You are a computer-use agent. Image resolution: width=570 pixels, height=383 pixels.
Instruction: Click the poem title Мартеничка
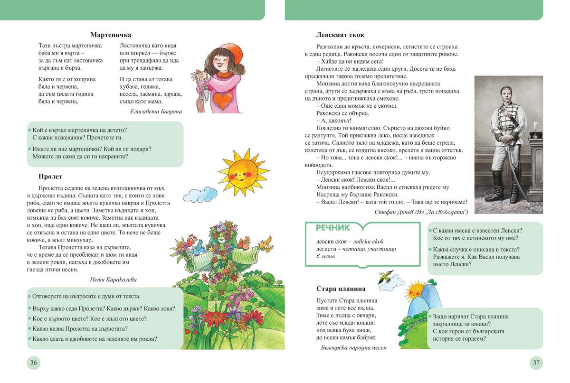[111, 35]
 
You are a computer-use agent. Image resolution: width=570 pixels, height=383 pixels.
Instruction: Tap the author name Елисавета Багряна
[156, 112]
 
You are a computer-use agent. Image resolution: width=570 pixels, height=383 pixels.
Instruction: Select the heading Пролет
[50, 177]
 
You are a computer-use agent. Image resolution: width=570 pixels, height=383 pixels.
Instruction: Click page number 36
[34, 363]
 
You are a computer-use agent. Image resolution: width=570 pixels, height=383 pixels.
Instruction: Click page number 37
[536, 363]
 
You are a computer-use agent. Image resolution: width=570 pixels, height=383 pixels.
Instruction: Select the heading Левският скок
[340, 35]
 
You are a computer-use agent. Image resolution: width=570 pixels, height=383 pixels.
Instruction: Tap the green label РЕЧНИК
[332, 228]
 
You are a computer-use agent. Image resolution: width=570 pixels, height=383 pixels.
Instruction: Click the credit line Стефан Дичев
[421, 212]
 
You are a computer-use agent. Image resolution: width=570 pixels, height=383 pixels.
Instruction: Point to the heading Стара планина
[341, 289]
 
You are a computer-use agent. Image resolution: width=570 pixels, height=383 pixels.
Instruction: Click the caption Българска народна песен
[354, 347]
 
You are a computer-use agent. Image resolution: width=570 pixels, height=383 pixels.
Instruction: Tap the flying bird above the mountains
[387, 277]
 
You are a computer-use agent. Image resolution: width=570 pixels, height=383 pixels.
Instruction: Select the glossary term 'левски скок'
[328, 242]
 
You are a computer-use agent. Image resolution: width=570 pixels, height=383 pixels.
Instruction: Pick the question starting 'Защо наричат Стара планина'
[470, 317]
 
